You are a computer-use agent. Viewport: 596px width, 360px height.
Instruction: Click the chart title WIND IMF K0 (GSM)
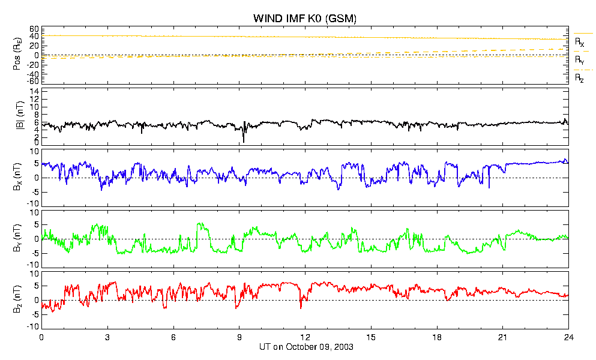(x=305, y=18)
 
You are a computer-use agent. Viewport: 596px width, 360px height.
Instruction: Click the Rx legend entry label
(x=579, y=42)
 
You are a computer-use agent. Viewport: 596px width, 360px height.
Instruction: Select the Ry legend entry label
(x=579, y=60)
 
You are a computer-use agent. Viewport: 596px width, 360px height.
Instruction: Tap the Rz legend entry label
(x=579, y=79)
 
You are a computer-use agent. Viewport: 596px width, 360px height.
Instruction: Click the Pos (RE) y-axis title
(x=17, y=56)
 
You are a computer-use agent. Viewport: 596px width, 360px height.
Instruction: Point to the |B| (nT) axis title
(x=20, y=116)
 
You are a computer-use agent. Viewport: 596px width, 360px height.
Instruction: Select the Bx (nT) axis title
(x=17, y=177)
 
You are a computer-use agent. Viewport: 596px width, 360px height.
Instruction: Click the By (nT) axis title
(x=17, y=238)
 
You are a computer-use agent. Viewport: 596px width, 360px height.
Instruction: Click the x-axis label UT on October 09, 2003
(x=306, y=347)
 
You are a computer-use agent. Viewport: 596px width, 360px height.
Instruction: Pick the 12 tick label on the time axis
(x=306, y=337)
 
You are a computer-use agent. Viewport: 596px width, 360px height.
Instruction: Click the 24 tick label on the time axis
(x=568, y=337)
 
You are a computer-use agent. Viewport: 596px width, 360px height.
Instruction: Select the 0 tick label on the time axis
(x=41, y=337)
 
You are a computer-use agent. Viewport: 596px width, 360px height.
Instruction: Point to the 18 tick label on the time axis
(x=437, y=337)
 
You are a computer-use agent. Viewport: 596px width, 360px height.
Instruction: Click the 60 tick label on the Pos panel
(x=34, y=29)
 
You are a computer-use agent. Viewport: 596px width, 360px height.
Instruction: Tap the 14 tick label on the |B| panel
(x=34, y=91)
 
